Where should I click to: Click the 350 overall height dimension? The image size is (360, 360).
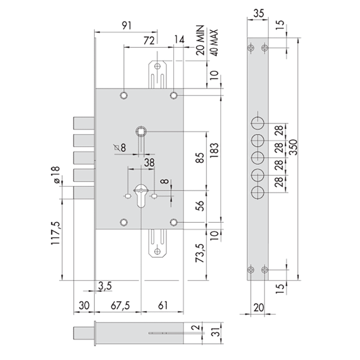click(x=293, y=147)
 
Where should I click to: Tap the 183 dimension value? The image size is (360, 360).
click(x=214, y=150)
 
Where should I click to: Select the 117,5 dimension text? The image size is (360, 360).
click(x=55, y=233)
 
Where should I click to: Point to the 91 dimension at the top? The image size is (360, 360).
click(x=126, y=26)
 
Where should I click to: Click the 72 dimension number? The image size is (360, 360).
click(x=149, y=40)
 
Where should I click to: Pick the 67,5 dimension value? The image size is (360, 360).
click(x=120, y=306)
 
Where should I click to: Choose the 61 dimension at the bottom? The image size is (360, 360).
click(x=163, y=306)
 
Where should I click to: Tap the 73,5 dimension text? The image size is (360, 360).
click(x=200, y=253)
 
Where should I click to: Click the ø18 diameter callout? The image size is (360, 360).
click(x=55, y=175)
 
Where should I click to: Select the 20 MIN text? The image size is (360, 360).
click(x=200, y=40)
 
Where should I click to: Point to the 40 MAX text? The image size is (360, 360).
click(x=214, y=42)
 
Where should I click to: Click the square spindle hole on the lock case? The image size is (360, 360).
click(x=141, y=131)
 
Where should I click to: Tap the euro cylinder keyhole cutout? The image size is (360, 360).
click(x=141, y=196)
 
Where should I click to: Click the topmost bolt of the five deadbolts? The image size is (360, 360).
click(x=84, y=123)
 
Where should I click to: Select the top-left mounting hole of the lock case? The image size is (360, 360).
click(x=124, y=95)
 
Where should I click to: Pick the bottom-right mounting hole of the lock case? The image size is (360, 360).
click(x=174, y=222)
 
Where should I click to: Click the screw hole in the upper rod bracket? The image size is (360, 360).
click(x=157, y=66)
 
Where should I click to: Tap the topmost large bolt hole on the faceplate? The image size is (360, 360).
click(x=257, y=123)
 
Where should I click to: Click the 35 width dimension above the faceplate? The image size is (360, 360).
click(x=258, y=13)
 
